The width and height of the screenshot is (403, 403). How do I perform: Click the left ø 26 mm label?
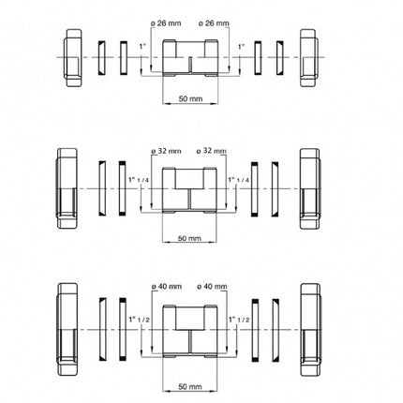point(166,23)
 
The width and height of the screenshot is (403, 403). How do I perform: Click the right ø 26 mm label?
point(214,23)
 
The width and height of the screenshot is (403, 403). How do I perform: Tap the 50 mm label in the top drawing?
point(190,98)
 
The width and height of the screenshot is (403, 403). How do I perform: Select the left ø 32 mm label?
point(166,151)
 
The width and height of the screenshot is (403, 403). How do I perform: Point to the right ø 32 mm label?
point(211,151)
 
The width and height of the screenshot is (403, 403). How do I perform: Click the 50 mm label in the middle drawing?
point(189,238)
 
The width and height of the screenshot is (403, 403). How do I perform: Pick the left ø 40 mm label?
point(166,286)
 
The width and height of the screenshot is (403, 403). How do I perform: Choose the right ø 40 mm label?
point(212,286)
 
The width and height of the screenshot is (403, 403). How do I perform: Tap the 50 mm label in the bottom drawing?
point(190,387)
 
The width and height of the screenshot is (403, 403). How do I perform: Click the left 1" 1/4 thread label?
point(140,180)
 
